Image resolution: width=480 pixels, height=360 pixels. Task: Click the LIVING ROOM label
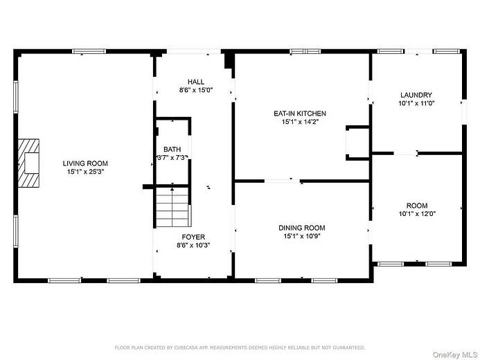(85, 163)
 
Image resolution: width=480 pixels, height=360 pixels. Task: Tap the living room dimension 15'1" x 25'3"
(86, 172)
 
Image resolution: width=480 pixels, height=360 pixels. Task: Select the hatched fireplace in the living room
(28, 163)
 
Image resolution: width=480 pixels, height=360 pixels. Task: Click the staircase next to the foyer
(173, 207)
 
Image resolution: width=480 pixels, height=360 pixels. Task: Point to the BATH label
(172, 150)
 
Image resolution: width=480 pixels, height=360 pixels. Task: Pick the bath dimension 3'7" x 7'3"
(172, 158)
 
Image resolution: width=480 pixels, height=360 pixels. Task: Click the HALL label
(196, 82)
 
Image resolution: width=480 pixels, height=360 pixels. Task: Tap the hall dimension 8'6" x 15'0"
(196, 90)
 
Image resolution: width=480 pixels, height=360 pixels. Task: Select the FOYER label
(193, 237)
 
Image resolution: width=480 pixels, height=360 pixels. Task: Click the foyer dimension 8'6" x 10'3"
(193, 245)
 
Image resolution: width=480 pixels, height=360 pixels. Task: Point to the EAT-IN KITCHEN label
(300, 114)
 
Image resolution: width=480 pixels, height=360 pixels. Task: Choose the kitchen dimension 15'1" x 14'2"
(300, 122)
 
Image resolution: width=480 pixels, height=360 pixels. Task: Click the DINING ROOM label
(302, 228)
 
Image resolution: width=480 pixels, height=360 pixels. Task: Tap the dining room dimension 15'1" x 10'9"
(302, 236)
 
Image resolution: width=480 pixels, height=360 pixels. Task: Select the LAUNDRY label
(416, 95)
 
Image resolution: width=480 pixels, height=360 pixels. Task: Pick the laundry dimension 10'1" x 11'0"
(416, 103)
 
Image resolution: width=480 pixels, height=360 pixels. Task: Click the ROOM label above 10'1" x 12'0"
(417, 206)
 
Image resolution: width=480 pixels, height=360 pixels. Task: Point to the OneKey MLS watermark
(455, 354)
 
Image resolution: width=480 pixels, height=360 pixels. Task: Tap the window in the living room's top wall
(89, 51)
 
